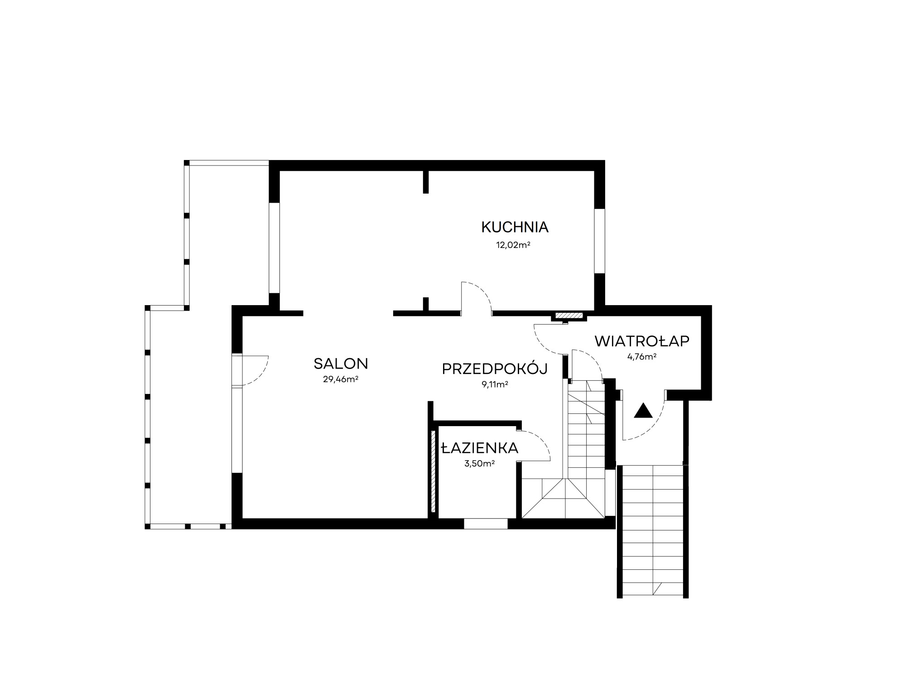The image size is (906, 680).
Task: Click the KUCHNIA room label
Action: point(515,227)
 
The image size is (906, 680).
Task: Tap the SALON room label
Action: point(341,364)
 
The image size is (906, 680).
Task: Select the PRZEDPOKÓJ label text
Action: point(495,369)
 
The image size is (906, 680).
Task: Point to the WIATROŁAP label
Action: point(642,341)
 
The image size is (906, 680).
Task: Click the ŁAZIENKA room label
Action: point(480,448)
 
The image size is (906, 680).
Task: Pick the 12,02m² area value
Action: point(513,245)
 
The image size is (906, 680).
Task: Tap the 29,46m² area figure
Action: point(341,379)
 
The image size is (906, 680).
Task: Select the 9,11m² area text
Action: point(495,385)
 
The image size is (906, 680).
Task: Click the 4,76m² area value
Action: point(642,356)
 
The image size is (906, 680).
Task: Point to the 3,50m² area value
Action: point(480,463)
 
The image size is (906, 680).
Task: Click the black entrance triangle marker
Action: point(643,410)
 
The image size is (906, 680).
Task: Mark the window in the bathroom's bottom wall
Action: point(486,524)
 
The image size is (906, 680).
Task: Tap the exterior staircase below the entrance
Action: point(653,531)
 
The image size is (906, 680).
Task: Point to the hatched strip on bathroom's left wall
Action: point(434,471)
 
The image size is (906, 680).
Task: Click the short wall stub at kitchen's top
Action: point(425,182)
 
